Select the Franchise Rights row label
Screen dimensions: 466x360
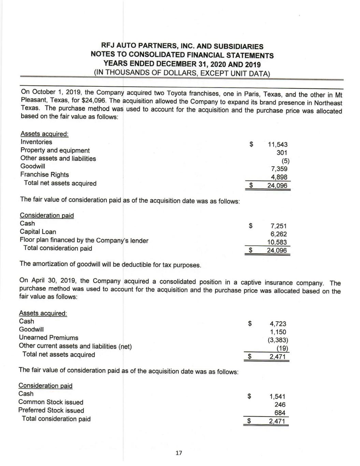coord(44,174)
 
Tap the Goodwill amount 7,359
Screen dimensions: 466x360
coord(279,169)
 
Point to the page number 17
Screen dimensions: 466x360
coord(178,453)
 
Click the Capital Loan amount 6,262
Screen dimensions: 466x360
coord(278,234)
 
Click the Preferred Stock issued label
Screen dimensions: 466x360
coord(51,410)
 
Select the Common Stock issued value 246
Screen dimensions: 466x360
coord(280,405)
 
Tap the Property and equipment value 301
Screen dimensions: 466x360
coord(282,153)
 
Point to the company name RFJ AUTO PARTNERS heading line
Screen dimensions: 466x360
coord(182,46)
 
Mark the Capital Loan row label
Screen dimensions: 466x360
coord(38,232)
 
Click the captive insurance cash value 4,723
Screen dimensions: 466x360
coord(278,324)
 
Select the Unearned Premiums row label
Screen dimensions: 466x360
coord(48,338)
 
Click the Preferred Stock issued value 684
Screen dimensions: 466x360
coord(280,413)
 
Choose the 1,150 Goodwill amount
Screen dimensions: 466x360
coord(278,332)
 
